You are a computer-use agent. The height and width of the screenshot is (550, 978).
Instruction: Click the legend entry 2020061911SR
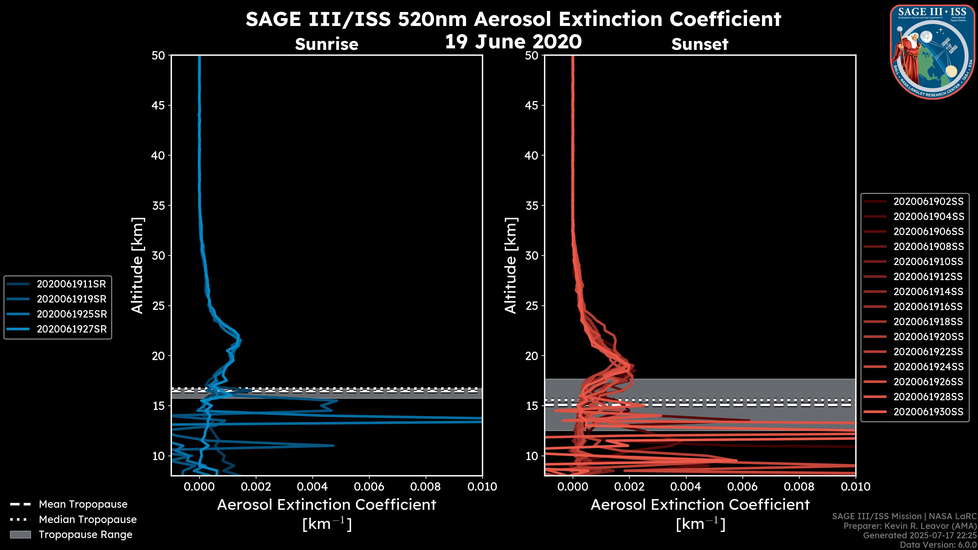pos(71,284)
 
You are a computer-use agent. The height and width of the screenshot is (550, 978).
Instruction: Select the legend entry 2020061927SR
pos(71,329)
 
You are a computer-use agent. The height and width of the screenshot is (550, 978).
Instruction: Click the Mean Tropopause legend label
pos(83,504)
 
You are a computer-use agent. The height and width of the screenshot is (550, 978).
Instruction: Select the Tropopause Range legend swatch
pos(20,534)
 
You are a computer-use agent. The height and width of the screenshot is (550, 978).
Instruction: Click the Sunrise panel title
pos(327,44)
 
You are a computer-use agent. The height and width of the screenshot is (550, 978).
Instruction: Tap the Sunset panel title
pos(700,44)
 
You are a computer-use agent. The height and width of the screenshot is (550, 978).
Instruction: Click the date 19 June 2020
pos(513,42)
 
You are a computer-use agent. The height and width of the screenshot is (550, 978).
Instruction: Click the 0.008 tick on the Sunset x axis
pos(799,487)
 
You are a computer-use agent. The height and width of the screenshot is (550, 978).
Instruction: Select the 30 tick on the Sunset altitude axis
pos(532,255)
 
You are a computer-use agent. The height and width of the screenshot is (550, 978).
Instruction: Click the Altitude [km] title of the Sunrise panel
pos(138,265)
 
